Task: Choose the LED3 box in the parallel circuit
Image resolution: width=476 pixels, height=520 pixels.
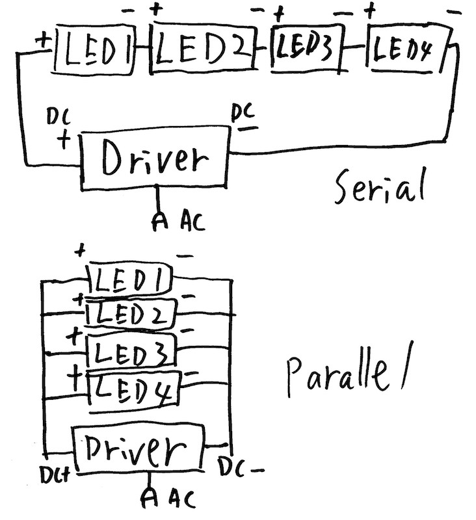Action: (x=132, y=352)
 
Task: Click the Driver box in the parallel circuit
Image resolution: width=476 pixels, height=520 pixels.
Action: (x=139, y=448)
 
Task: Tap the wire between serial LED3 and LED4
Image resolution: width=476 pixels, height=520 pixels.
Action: (x=355, y=48)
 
